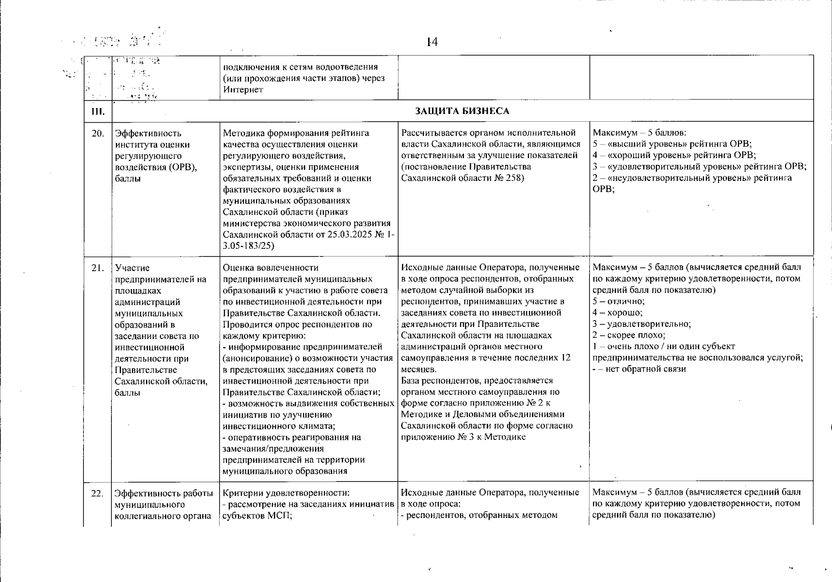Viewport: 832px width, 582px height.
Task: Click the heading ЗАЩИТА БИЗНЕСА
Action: pyautogui.click(x=462, y=111)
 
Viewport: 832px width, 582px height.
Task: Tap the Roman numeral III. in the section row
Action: pyautogui.click(x=97, y=112)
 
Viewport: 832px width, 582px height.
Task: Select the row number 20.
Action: pyautogui.click(x=97, y=133)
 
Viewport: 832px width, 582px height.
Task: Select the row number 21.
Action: pyautogui.click(x=97, y=268)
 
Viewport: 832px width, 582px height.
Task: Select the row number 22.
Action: pyautogui.click(x=97, y=493)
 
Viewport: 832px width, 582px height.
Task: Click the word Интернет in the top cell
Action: pyautogui.click(x=243, y=89)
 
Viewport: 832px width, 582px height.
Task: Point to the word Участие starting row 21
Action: pyautogui.click(x=132, y=268)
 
